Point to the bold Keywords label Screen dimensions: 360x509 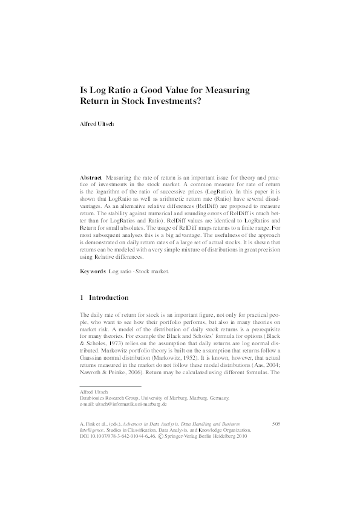[x=93, y=271]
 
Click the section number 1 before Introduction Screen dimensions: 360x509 [x=82, y=297]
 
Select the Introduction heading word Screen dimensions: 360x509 [x=109, y=297]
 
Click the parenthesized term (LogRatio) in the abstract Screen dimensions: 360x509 [x=226, y=189]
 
